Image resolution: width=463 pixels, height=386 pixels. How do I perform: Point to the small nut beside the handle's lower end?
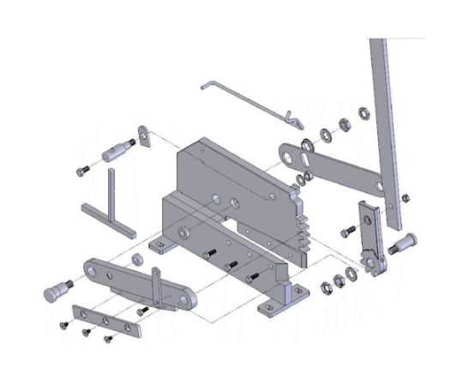[x=406, y=199]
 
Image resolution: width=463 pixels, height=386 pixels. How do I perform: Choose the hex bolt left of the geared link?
[x=348, y=232]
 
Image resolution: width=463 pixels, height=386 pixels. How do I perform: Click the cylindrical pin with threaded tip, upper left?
[x=116, y=155]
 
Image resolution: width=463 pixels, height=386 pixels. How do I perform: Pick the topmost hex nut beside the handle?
[x=363, y=111]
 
